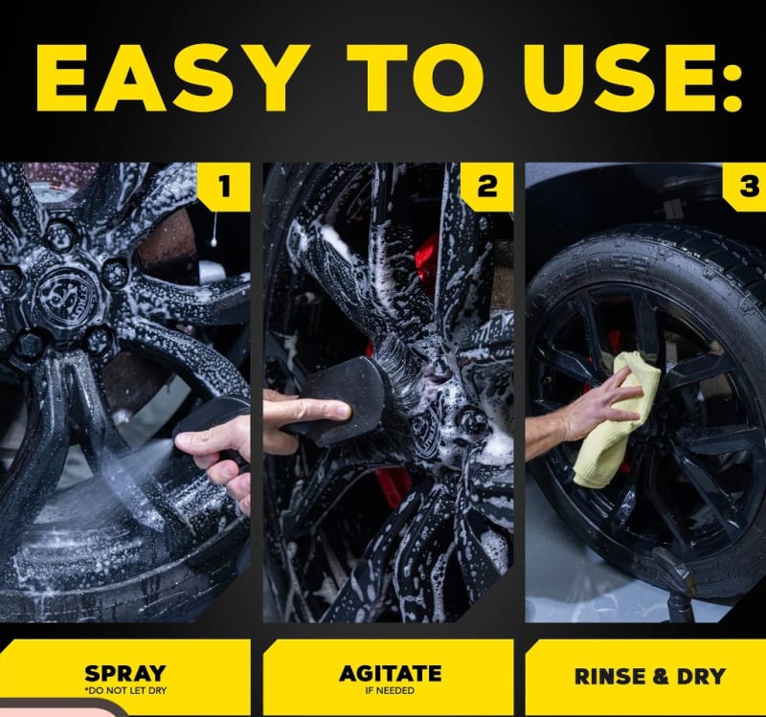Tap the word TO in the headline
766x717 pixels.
click(416, 78)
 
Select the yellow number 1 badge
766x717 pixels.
click(224, 187)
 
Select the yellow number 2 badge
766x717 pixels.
click(486, 187)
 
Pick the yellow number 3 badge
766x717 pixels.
click(745, 187)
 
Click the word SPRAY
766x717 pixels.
click(125, 674)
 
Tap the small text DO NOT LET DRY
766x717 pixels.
click(126, 690)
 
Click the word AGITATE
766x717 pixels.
click(391, 674)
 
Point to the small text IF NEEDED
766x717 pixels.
click(390, 690)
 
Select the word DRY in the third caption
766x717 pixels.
click(701, 677)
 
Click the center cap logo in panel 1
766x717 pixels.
click(67, 297)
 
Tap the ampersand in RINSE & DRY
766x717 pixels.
click(660, 677)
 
